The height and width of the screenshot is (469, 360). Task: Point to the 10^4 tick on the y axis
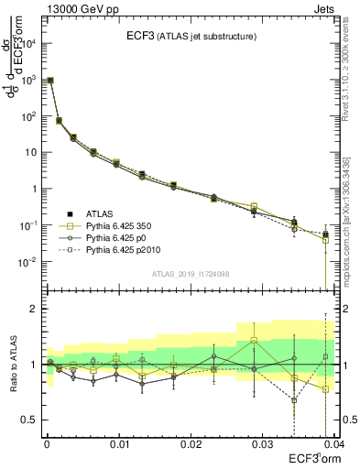pos(30,43)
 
